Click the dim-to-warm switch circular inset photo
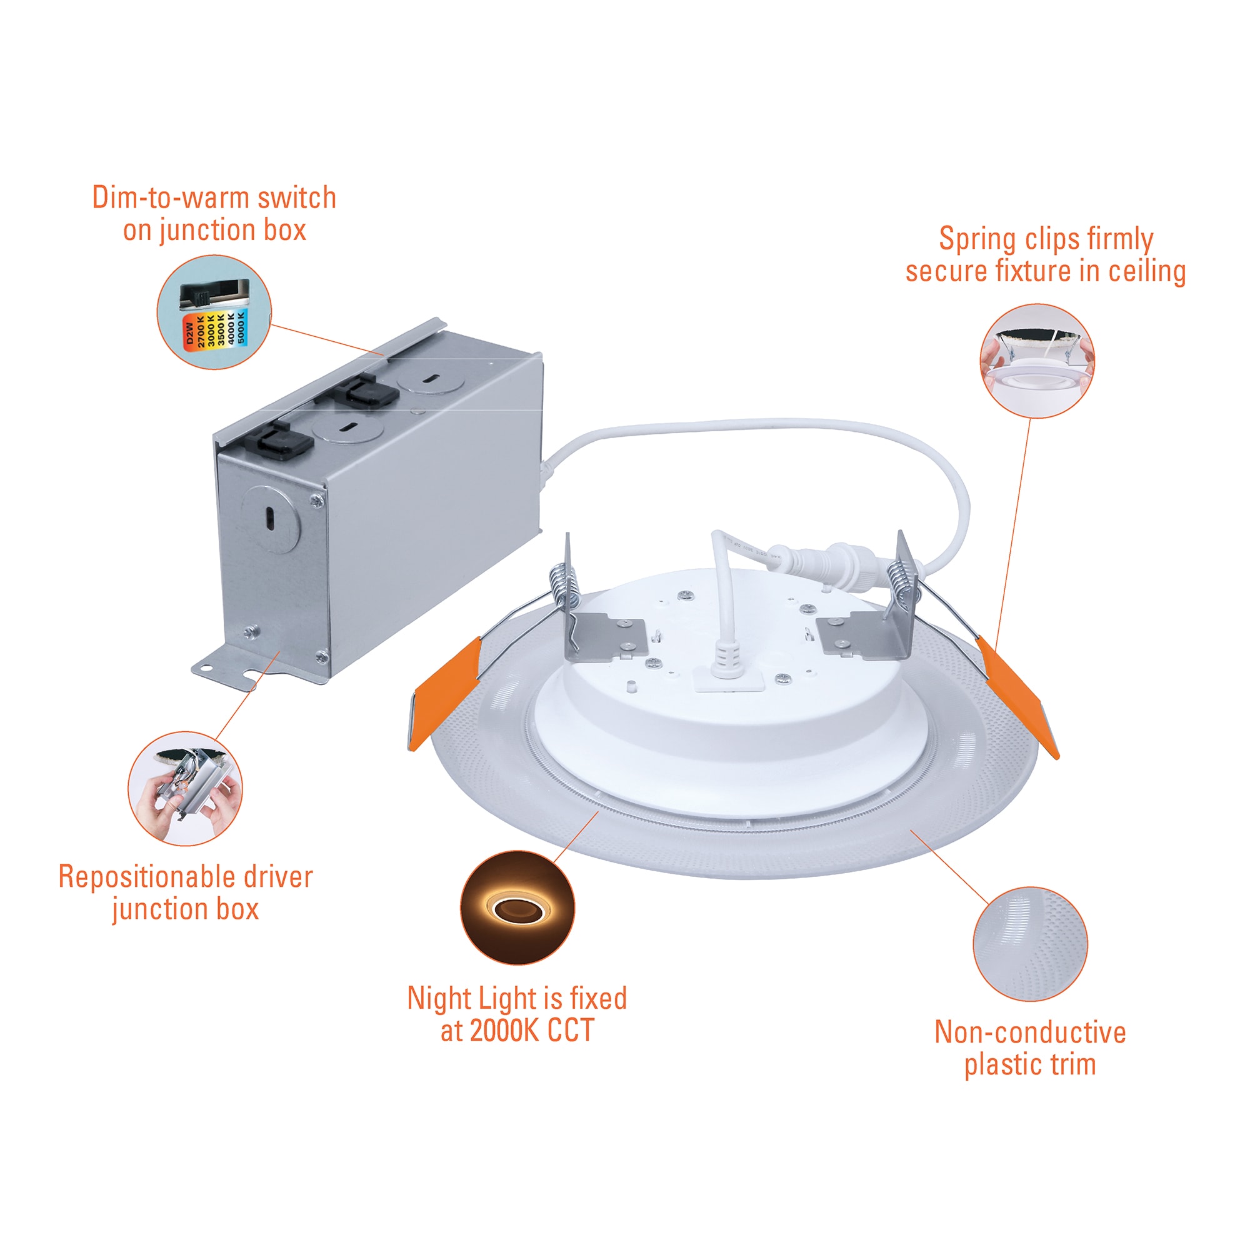214,312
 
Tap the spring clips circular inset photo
1036,361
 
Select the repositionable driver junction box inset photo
185,788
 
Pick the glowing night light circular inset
517,907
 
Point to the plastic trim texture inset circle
1030,944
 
